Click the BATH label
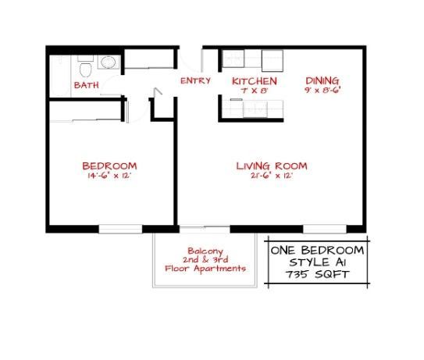(x=85, y=85)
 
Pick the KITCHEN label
(x=255, y=80)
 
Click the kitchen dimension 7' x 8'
(x=255, y=90)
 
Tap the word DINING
(x=322, y=80)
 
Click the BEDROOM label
(x=110, y=166)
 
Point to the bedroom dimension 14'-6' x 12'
(x=110, y=176)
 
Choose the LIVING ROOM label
(x=272, y=166)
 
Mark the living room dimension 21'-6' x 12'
(x=272, y=176)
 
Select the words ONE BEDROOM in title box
(x=317, y=250)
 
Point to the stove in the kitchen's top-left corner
(x=231, y=58)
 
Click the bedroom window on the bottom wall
(x=120, y=228)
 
